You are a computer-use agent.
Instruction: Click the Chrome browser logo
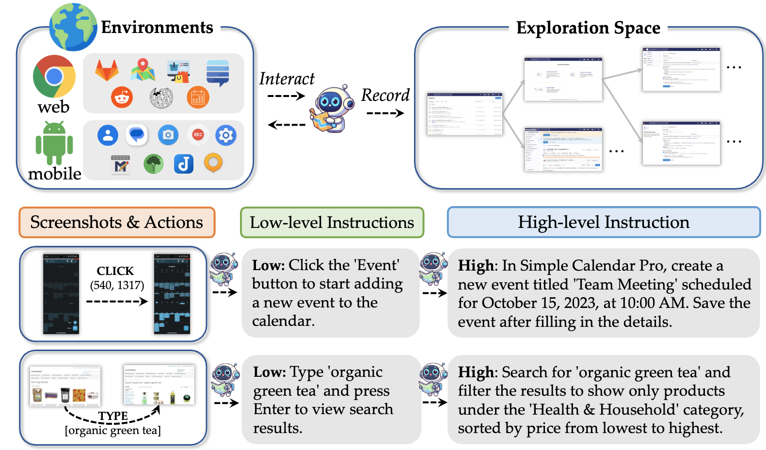(x=54, y=76)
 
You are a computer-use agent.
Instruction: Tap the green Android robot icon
(x=54, y=144)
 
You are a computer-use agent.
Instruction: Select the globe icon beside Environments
(x=73, y=27)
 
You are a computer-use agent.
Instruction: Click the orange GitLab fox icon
(x=107, y=71)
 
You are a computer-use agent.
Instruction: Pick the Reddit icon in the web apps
(x=122, y=97)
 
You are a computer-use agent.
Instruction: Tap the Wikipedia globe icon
(x=161, y=98)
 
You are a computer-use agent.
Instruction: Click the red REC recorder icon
(x=198, y=135)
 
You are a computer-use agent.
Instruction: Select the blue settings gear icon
(x=226, y=135)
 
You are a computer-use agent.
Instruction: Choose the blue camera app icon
(x=168, y=135)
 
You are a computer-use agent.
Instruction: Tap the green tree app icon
(x=154, y=164)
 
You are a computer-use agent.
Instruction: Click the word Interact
(x=287, y=79)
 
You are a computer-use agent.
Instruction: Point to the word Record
(x=385, y=95)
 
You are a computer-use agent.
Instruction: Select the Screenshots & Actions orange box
(x=117, y=223)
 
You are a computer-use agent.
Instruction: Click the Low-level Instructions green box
(x=332, y=223)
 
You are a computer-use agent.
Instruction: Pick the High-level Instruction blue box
(x=604, y=223)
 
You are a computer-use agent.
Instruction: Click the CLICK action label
(x=115, y=271)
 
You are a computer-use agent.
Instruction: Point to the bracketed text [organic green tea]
(x=112, y=431)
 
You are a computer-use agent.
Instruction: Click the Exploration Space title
(x=588, y=28)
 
